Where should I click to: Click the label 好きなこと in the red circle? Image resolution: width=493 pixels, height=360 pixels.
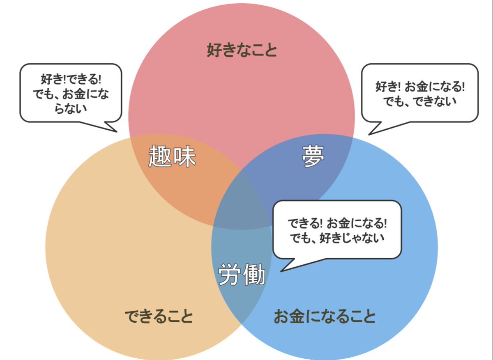242,51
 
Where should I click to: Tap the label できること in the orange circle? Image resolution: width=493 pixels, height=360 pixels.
159,316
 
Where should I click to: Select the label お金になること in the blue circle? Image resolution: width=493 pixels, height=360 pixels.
325,316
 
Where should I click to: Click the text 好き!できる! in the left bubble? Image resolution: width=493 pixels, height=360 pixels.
70,78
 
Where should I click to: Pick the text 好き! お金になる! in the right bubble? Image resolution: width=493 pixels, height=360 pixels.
420,87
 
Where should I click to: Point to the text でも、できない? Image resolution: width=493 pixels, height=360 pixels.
420,101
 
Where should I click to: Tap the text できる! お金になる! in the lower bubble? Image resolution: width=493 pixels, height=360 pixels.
337,223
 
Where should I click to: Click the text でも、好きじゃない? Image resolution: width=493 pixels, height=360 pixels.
337,237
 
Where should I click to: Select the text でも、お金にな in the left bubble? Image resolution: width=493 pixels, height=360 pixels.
70,94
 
